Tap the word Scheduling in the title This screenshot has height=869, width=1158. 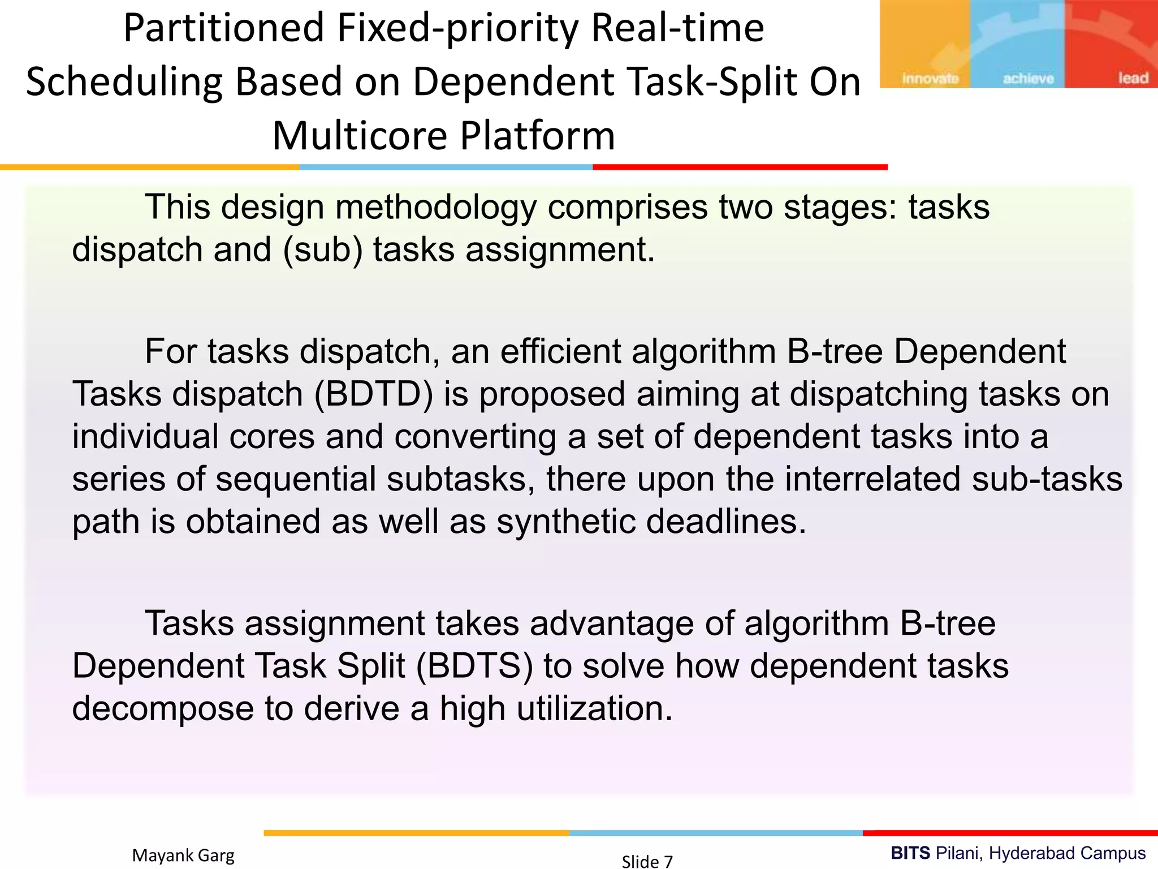coord(124,83)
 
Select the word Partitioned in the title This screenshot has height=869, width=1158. coord(224,28)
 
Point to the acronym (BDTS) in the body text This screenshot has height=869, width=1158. coord(474,666)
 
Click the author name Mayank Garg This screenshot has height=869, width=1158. coord(183,855)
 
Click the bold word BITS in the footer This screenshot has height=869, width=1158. coord(910,853)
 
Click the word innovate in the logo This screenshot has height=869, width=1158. coord(930,78)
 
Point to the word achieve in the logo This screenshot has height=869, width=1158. coord(1029,78)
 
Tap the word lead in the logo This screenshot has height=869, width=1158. coord(1133,78)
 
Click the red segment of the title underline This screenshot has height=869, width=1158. coord(740,167)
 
